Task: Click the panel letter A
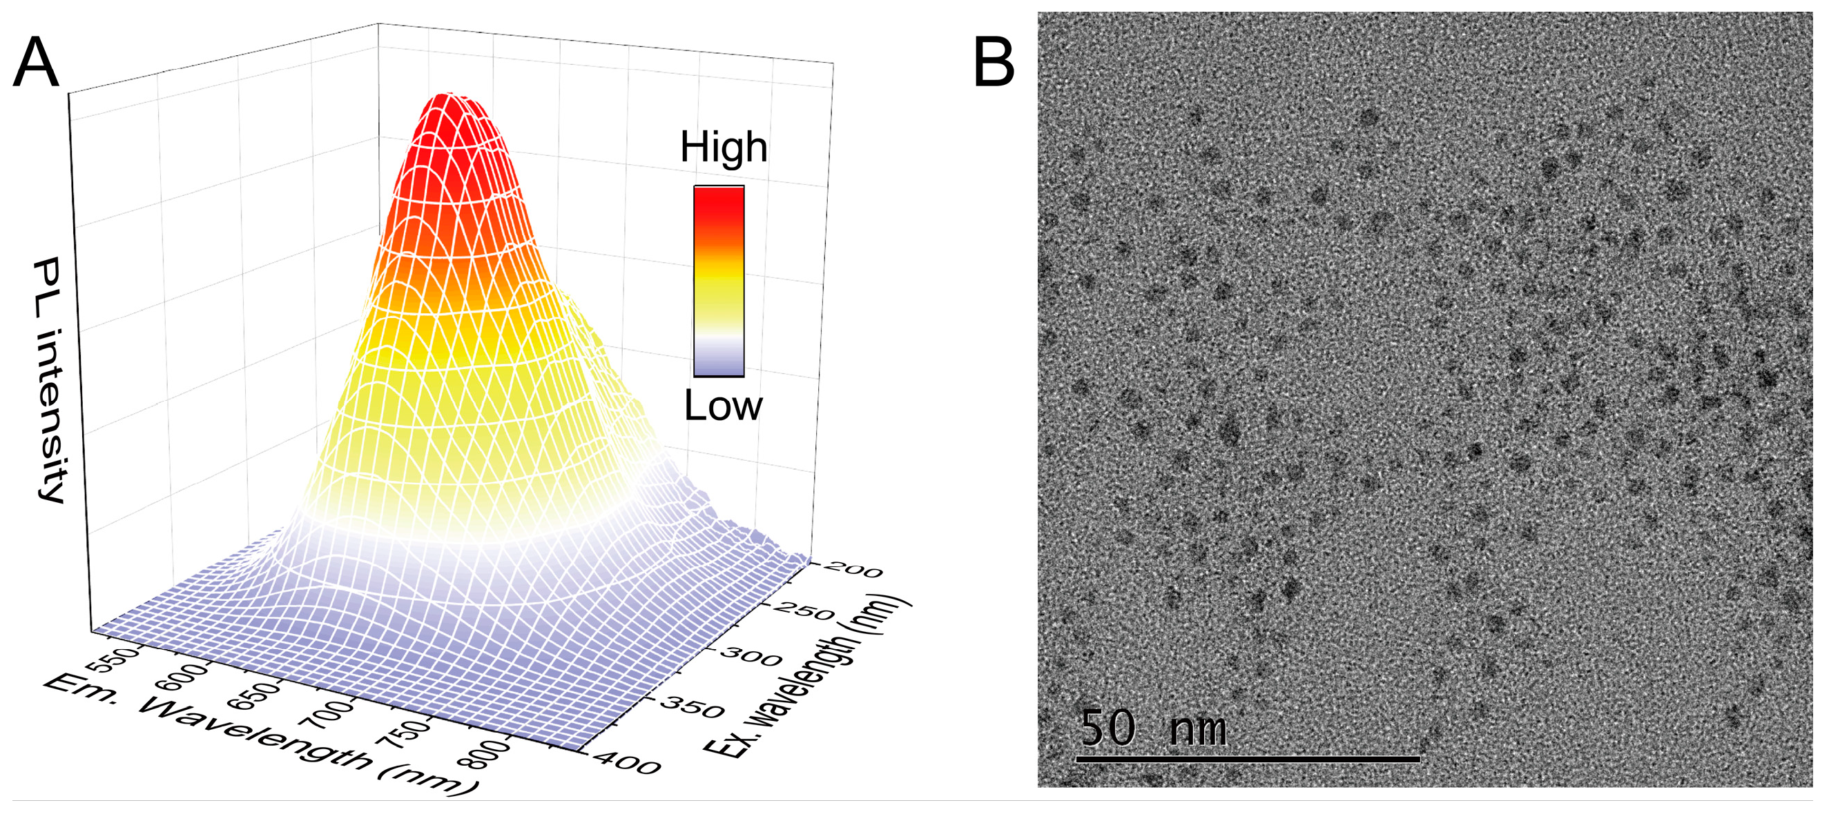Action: [35, 64]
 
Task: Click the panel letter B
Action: [994, 64]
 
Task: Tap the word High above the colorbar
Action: [723, 148]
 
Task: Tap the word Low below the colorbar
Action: [723, 406]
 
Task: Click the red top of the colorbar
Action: [719, 202]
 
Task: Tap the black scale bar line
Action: [1248, 760]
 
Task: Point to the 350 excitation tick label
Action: [693, 708]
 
